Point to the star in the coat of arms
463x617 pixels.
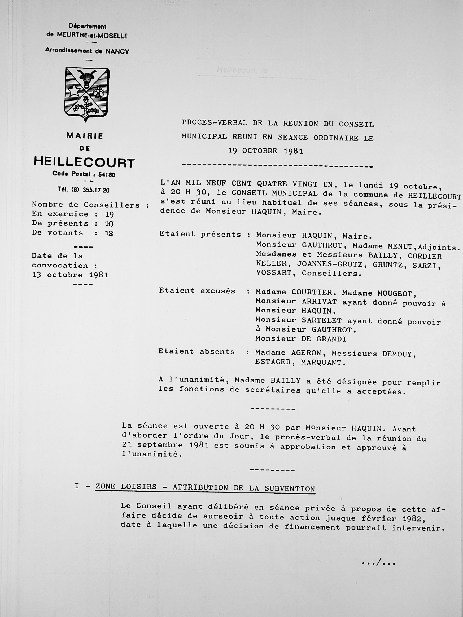pos(74,91)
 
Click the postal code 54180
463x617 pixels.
pos(107,175)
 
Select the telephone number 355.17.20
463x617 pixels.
pos(95,191)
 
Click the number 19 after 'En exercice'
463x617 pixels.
pos(110,214)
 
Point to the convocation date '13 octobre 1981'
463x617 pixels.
pos(70,275)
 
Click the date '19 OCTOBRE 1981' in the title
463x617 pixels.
pos(265,151)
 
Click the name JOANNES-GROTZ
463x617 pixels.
pos(330,264)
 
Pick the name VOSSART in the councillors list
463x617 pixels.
pos(273,273)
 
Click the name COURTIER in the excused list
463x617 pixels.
pos(312,292)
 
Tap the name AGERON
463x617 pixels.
pos(306,353)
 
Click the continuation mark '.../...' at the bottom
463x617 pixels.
pos(378,563)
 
